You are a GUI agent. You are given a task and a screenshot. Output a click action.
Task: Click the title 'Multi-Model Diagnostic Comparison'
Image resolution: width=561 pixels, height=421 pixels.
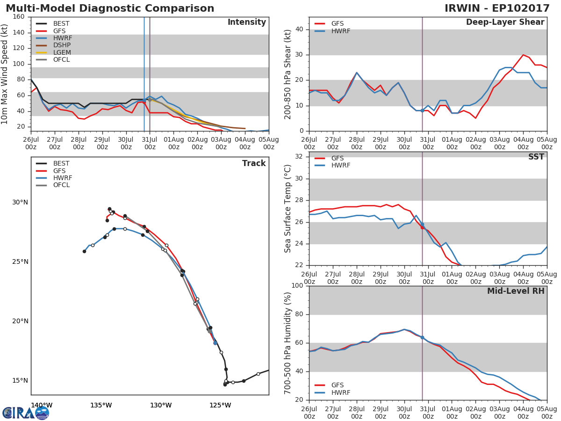tap(110, 8)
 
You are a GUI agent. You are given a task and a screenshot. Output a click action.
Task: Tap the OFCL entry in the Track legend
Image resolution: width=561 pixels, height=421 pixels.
tap(61, 185)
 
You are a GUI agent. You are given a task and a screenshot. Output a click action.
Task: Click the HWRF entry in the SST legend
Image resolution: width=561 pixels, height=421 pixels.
tap(340, 165)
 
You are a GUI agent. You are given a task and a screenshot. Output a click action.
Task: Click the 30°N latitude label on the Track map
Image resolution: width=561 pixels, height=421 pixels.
tap(20, 202)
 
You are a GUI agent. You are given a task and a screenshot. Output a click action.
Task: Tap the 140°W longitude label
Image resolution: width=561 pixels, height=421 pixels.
tap(42, 405)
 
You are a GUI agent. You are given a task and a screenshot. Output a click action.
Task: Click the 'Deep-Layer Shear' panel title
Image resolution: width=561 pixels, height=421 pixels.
tap(505, 22)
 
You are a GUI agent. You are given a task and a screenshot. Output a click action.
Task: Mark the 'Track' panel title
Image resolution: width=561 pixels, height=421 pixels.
tap(253, 163)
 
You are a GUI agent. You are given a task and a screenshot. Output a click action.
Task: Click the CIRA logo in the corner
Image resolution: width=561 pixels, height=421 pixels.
tap(26, 413)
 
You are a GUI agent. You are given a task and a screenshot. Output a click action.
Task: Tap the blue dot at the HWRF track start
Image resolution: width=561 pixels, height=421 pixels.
tap(215, 343)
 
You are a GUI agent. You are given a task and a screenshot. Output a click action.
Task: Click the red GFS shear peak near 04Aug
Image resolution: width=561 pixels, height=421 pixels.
tap(523, 55)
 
